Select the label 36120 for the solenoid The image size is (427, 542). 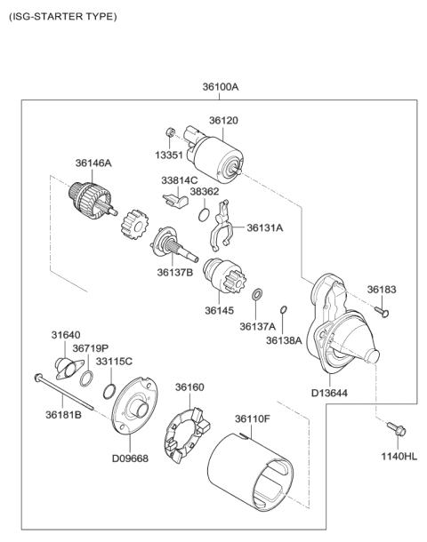pos(223,120)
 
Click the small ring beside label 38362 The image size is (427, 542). pos(204,216)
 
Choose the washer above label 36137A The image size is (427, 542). pos(256,294)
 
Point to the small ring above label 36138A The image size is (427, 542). pos(283,310)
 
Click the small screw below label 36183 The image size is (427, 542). pos(383,311)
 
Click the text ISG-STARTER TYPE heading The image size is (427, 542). pos(61,16)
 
